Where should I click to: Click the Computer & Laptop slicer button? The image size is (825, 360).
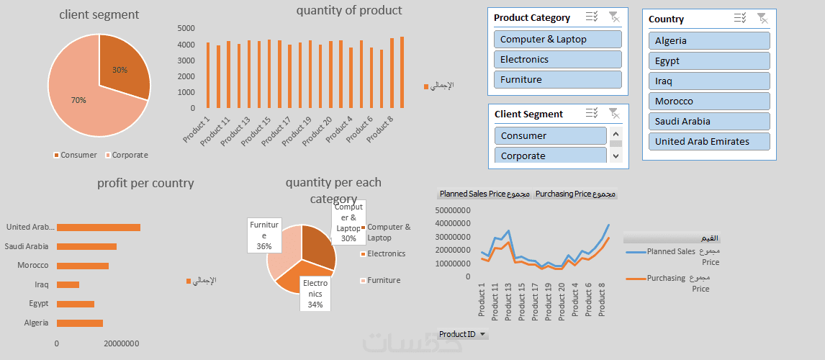coord(557,40)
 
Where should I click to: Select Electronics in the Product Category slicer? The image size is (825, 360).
coord(557,60)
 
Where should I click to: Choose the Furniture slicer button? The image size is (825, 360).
coord(557,80)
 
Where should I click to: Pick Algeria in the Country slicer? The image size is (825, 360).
coord(708,41)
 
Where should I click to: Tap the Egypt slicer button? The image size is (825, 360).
coord(708,61)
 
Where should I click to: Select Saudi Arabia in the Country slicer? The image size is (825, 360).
coord(708,122)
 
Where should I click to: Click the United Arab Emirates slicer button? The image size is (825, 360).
coord(708,142)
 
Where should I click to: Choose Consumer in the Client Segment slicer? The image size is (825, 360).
coord(550,136)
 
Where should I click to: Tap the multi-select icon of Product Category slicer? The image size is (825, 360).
coord(592,17)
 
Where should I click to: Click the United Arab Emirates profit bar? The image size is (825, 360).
coord(99,228)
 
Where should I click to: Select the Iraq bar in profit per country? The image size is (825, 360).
coord(68,284)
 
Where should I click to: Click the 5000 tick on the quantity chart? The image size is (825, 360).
coord(186,28)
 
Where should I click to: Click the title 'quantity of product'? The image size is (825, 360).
coord(349,10)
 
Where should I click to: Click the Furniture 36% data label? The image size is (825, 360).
coord(264,235)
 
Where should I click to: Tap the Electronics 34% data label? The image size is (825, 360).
coord(315,294)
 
